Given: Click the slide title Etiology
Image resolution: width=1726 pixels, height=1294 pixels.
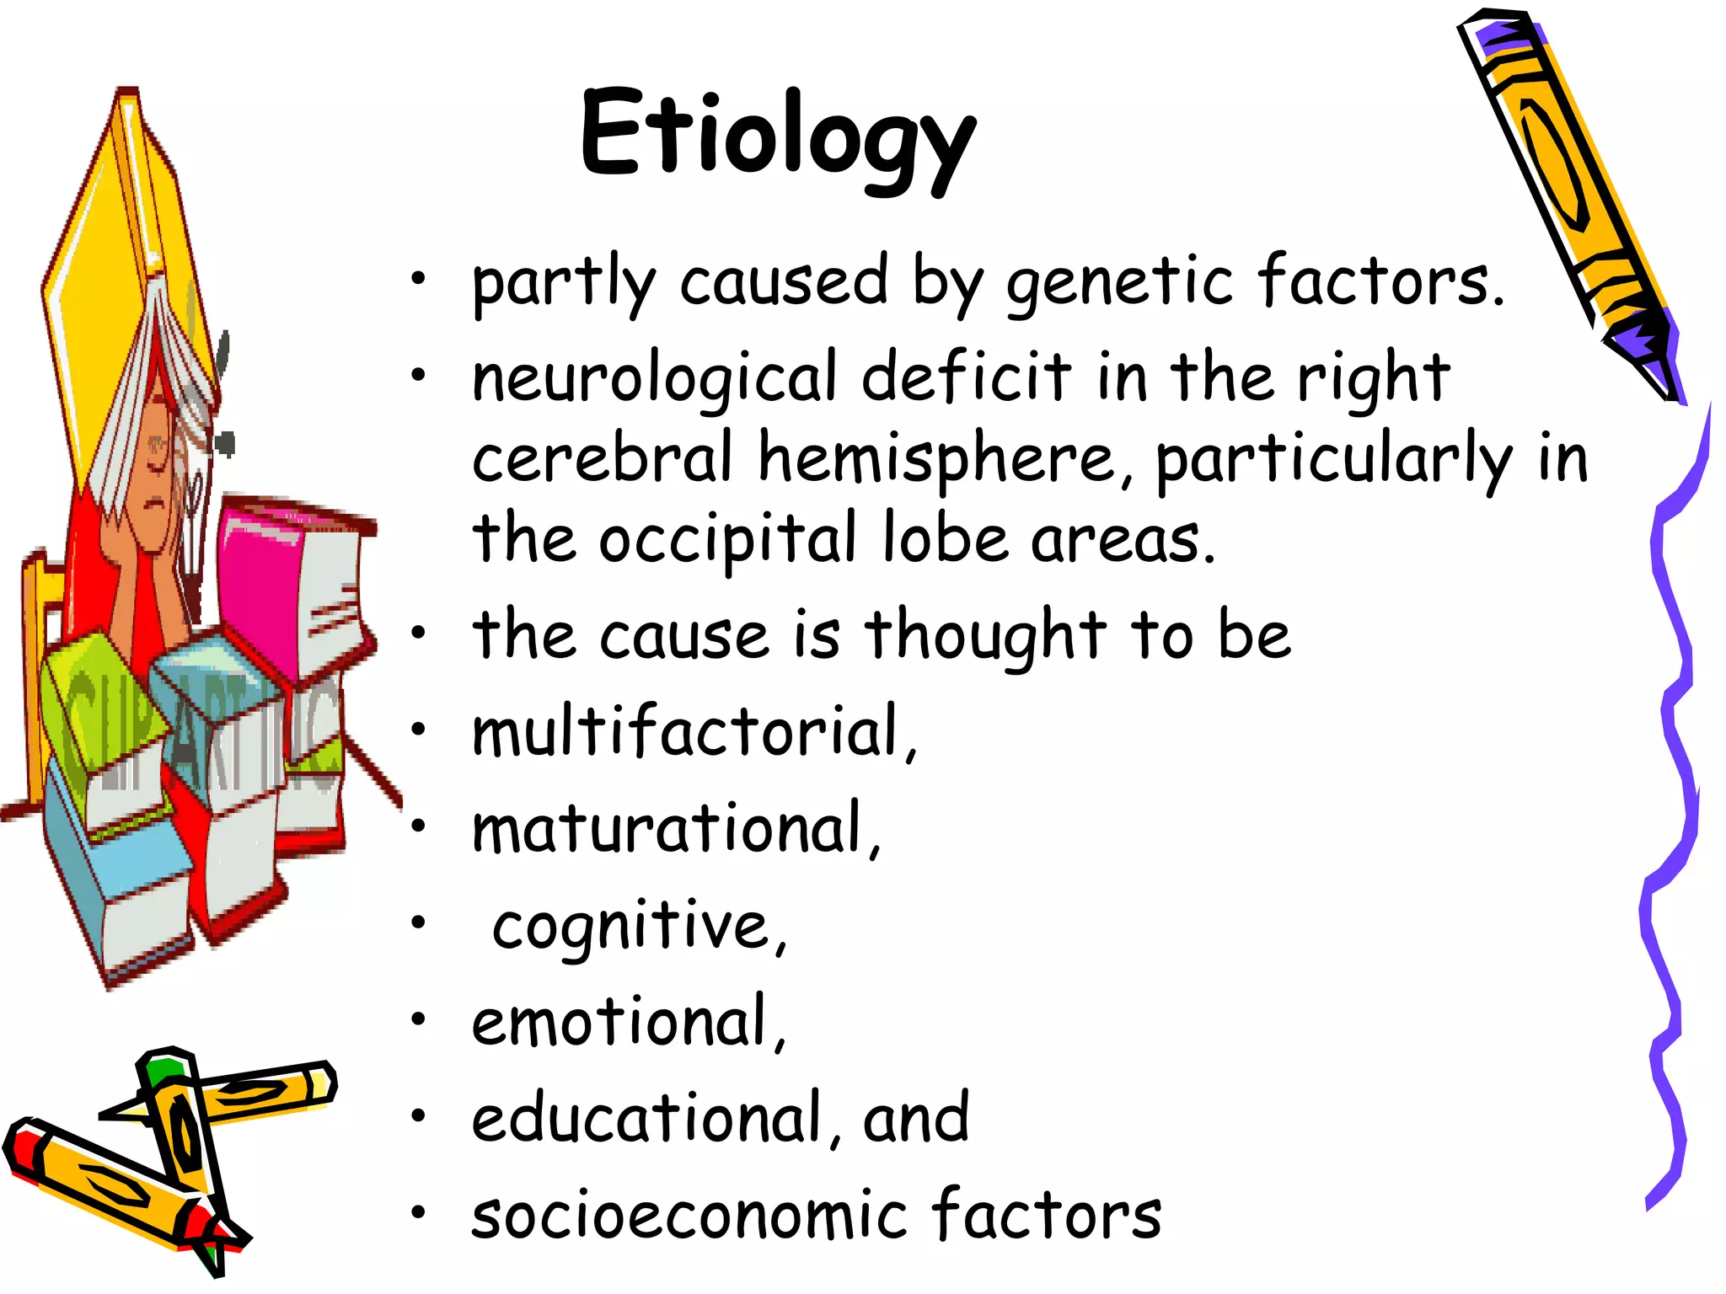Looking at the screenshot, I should pyautogui.click(x=777, y=135).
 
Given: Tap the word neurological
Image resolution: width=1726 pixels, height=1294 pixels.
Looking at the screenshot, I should pyautogui.click(x=654, y=379).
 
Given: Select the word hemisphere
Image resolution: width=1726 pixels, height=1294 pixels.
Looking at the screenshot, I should pyautogui.click(x=935, y=459).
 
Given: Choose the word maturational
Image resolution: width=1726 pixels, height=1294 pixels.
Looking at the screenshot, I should pyautogui.click(x=674, y=829).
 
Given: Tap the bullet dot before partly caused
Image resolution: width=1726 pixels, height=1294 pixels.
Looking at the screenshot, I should pyautogui.click(x=419, y=278).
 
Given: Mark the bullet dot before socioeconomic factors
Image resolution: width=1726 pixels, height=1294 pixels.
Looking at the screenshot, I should pyautogui.click(x=419, y=1213).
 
